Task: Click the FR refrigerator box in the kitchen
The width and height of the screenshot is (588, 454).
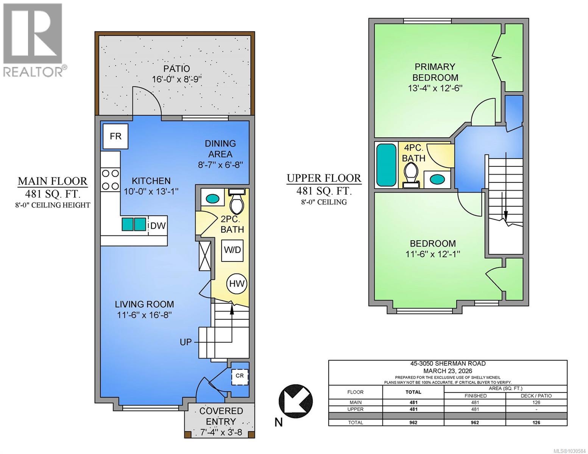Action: (115, 136)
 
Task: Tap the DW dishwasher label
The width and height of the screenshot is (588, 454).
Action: (158, 226)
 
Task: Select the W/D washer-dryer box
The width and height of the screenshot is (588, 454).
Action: (232, 250)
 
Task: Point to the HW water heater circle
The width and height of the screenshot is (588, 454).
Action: (237, 284)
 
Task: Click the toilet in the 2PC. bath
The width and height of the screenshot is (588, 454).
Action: (237, 205)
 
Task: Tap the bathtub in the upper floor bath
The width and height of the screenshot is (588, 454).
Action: (386, 164)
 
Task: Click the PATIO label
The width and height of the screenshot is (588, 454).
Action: (176, 69)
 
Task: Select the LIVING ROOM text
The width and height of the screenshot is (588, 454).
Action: (144, 304)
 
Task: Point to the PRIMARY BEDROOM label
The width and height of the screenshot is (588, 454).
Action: (435, 72)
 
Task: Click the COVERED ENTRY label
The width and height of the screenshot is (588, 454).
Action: (221, 416)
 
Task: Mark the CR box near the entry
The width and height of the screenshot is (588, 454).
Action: (240, 376)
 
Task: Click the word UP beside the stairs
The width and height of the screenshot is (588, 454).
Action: (186, 342)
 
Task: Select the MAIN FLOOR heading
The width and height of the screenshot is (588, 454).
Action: (53, 181)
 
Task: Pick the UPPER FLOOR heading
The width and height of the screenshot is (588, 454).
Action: (324, 178)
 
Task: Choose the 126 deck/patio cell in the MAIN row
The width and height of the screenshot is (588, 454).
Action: (536, 403)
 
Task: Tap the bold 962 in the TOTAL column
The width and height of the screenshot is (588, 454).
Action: (413, 423)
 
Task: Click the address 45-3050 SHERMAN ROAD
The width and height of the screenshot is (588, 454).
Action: (448, 364)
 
